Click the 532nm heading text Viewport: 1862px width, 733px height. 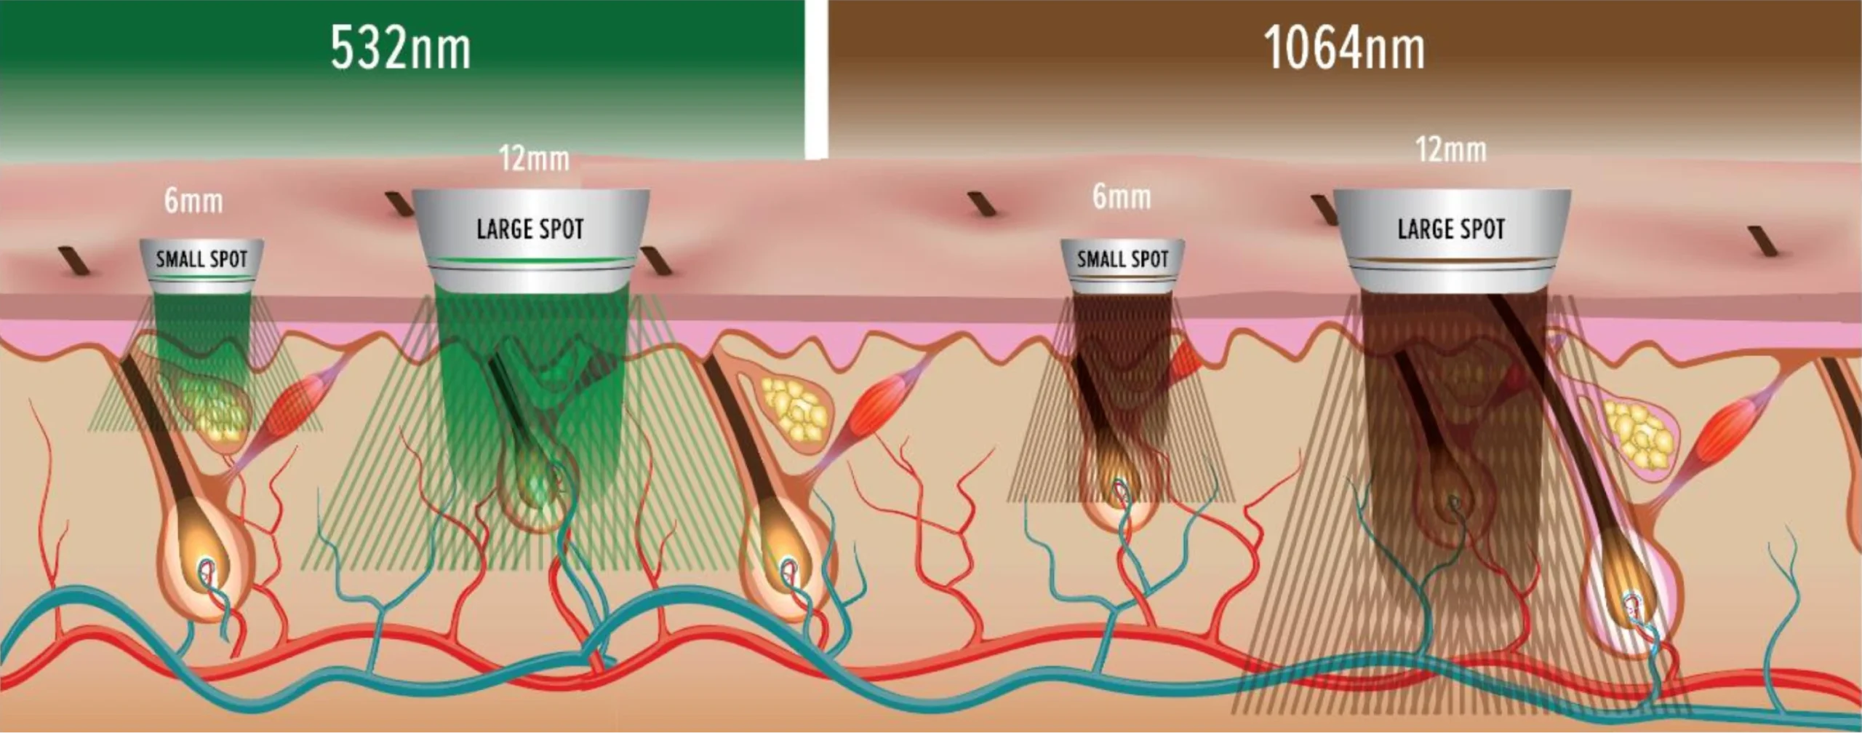point(401,49)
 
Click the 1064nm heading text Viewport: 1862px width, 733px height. point(1344,49)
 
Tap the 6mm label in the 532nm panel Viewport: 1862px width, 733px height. point(193,201)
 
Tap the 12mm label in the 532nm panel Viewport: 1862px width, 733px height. point(534,158)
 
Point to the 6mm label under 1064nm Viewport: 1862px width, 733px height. point(1122,197)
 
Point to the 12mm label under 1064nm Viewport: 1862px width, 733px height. point(1451,150)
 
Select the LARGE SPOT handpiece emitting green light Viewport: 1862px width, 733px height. point(531,240)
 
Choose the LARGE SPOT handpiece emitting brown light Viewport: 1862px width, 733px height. point(1452,240)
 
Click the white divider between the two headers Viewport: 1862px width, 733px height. point(816,79)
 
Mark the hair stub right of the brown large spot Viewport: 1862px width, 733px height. point(1764,241)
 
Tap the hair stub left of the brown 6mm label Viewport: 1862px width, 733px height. point(982,204)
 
